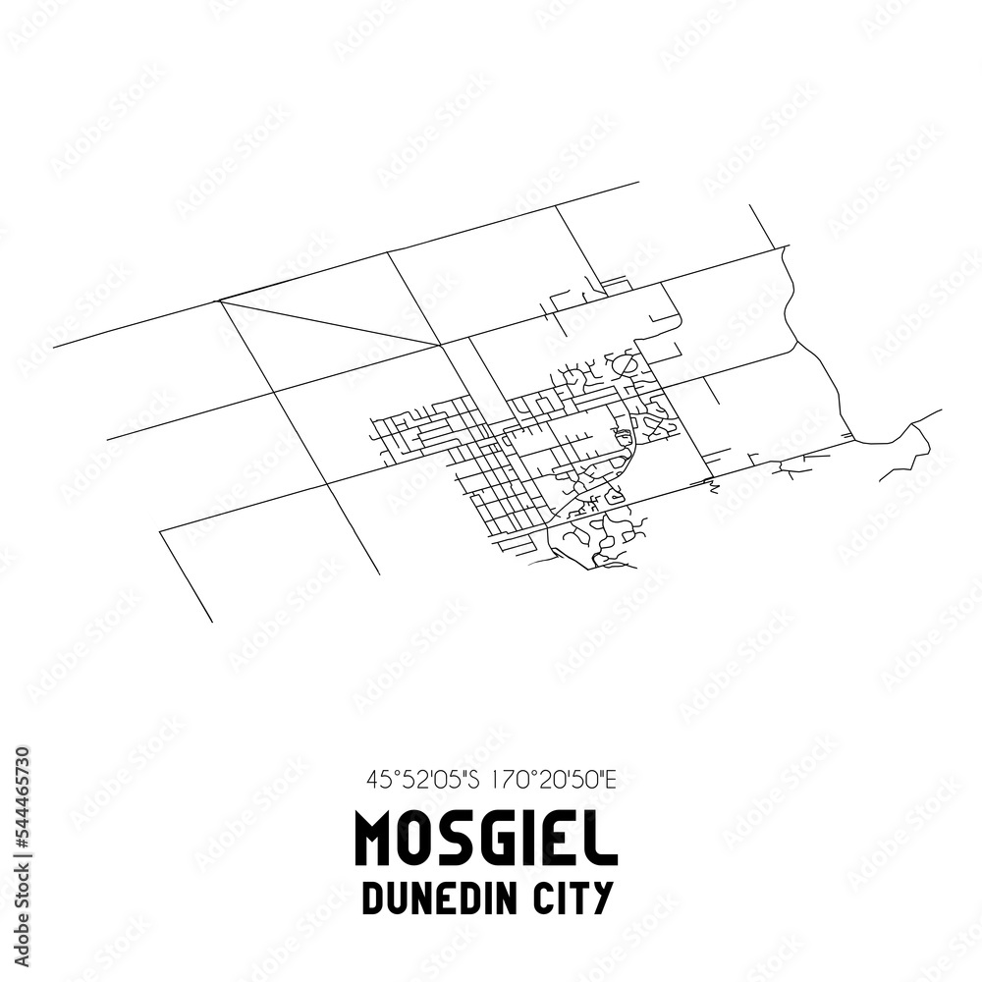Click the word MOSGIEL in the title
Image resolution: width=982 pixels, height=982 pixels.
click(486, 840)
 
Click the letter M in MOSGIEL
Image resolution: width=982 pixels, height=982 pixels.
click(377, 840)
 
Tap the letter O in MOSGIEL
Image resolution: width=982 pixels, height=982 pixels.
click(420, 840)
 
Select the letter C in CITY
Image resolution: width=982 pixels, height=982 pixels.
click(550, 899)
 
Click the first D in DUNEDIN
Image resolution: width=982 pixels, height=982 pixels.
click(373, 899)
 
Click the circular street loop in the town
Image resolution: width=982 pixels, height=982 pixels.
click(625, 365)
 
